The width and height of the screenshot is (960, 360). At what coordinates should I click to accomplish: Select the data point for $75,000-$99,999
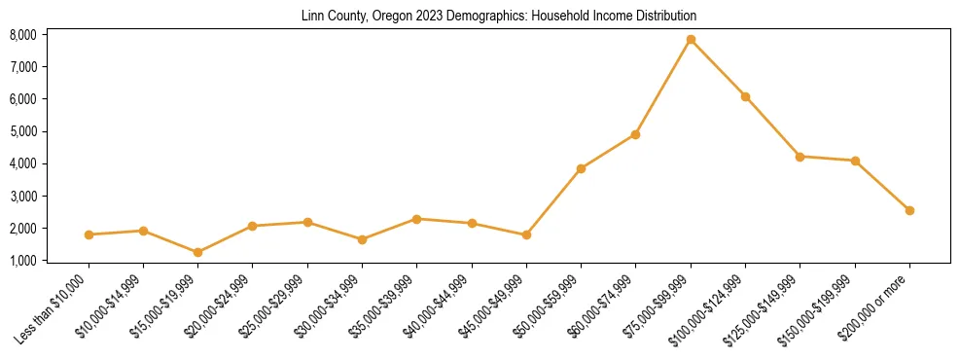tap(691, 40)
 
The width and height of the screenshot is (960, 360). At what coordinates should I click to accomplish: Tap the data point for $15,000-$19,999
tap(197, 252)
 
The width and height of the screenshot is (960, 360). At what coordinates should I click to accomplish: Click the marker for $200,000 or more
tap(909, 210)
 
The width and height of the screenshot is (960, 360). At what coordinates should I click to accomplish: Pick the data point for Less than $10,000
tap(89, 234)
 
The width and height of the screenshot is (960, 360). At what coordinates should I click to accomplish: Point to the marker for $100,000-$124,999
tap(745, 96)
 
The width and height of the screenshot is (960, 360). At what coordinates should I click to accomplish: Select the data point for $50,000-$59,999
tap(581, 168)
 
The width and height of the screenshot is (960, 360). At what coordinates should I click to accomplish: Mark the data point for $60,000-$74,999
tap(635, 134)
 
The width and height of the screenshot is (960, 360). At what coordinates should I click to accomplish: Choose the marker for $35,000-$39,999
tap(416, 219)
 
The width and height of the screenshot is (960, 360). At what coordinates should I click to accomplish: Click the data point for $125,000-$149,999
tap(800, 157)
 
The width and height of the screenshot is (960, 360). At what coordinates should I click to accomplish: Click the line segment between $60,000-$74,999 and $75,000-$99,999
tap(663, 88)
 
